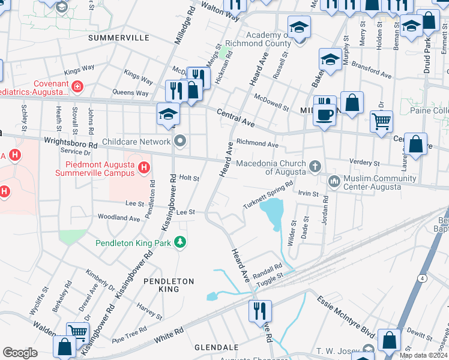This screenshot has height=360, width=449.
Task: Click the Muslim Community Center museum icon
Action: tap(334, 180)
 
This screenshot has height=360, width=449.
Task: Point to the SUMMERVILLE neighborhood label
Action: tap(118, 37)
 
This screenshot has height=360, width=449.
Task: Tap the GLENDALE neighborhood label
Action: tap(215, 347)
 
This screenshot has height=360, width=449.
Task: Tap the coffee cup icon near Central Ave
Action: tap(325, 115)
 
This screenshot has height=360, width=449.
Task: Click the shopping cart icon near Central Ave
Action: tap(381, 121)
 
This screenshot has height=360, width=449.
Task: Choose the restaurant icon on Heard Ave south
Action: tap(260, 311)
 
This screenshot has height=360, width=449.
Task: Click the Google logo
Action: tap(20, 353)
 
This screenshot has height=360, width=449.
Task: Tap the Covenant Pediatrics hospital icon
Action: tap(76, 88)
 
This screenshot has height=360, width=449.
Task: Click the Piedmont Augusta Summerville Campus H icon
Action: tap(143, 168)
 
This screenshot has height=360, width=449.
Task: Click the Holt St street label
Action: tap(189, 178)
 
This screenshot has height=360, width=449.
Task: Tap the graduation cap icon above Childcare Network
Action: tap(168, 113)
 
